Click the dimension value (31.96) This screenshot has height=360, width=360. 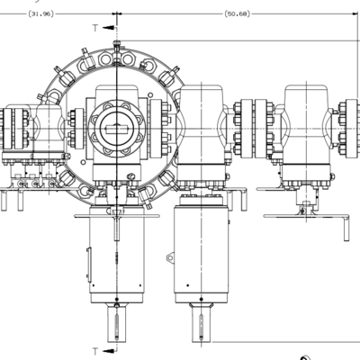pos(40,13)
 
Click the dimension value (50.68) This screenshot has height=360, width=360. pos(237,13)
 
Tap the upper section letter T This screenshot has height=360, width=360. pos(95,28)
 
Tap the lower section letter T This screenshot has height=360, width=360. pos(95,351)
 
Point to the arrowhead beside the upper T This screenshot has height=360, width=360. pos(110,28)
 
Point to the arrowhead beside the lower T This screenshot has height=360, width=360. pos(110,351)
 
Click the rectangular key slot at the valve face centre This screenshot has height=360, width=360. pos(116,130)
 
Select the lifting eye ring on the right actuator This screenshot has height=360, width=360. pos(170,257)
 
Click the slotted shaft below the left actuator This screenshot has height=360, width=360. pos(117,322)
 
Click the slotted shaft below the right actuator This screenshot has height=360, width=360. pos(202,322)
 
